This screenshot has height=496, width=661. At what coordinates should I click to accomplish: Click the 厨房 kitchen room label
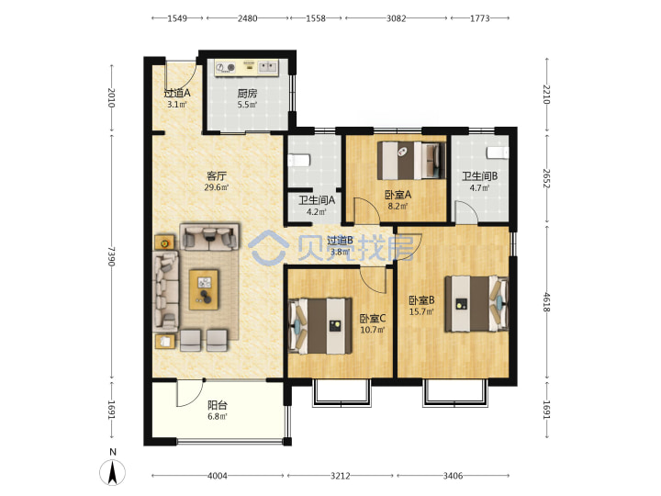[247, 93]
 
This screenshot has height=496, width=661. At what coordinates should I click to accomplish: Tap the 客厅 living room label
[217, 175]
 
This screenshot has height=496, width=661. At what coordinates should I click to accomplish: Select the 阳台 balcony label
[218, 405]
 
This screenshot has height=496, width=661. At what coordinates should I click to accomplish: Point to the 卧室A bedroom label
[398, 195]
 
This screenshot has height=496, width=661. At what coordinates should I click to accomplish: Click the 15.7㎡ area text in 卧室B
[421, 311]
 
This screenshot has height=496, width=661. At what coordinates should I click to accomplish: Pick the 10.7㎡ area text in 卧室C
[373, 330]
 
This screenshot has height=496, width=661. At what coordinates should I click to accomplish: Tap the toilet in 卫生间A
[299, 160]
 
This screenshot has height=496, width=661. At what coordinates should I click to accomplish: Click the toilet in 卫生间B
[498, 152]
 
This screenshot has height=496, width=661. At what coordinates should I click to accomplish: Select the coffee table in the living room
[204, 289]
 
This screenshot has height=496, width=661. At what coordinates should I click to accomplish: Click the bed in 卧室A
[411, 161]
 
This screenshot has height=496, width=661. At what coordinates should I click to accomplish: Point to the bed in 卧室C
[320, 326]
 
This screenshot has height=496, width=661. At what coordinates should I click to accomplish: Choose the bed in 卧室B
[476, 304]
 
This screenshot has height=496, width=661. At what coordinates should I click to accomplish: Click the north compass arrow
[113, 472]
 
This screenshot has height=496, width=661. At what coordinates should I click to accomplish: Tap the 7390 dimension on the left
[111, 256]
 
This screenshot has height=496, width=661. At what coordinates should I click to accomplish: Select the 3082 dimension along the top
[397, 18]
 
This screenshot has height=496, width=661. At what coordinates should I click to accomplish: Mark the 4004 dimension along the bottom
[218, 476]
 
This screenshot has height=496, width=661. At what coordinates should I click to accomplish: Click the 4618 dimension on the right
[547, 302]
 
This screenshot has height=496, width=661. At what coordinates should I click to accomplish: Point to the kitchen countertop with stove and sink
[247, 68]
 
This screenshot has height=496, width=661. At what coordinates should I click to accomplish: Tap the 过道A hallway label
[177, 93]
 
